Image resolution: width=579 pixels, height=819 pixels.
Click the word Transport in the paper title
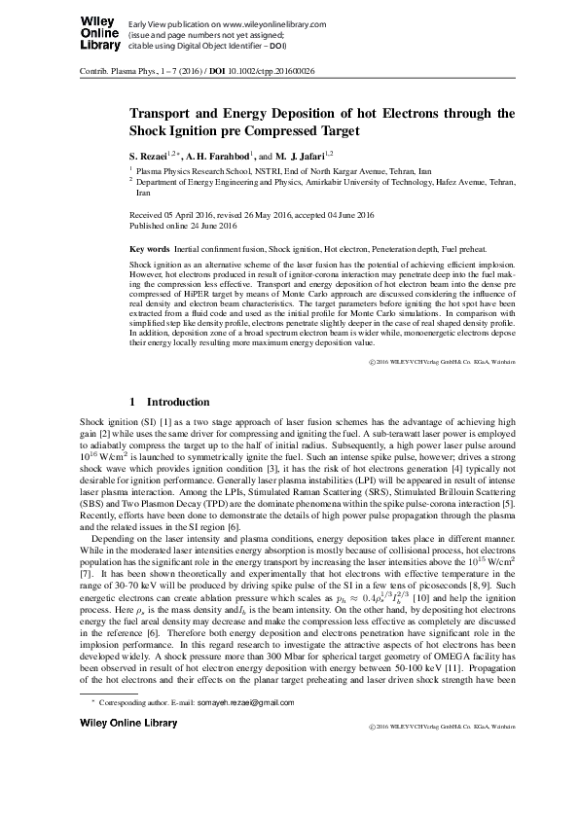(x=163, y=112)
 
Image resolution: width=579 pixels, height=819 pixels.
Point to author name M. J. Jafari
(x=301, y=155)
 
